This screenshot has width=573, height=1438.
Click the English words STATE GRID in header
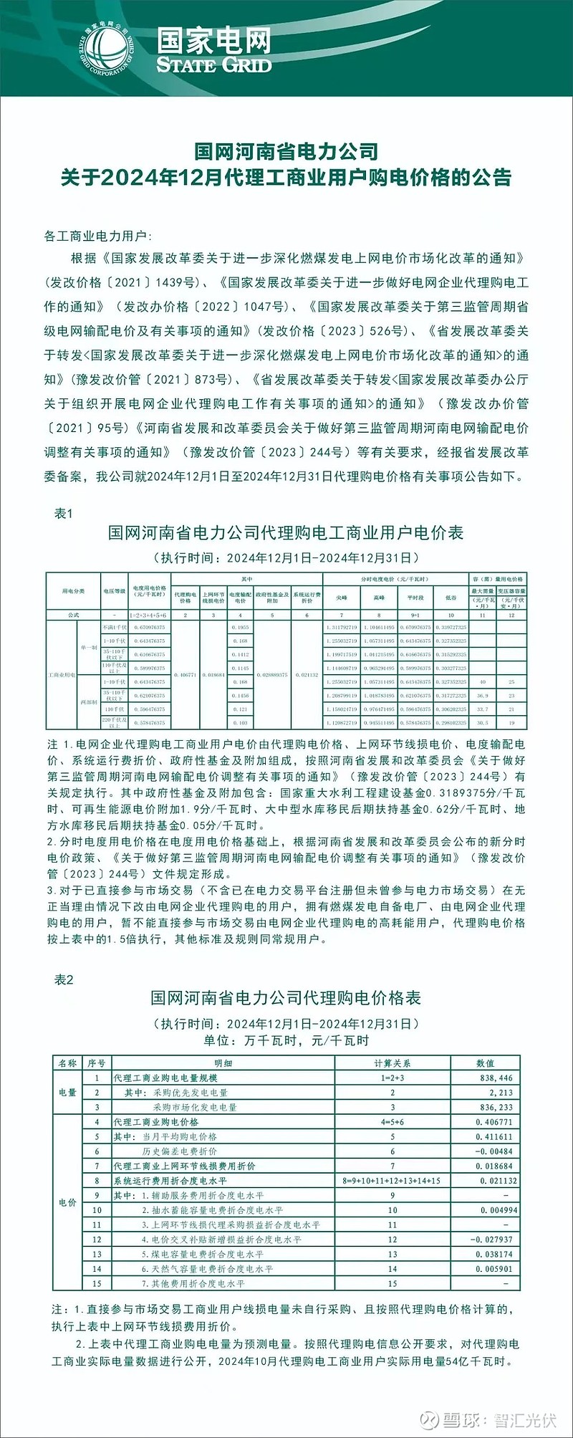214,65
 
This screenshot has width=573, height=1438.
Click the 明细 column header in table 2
223,1063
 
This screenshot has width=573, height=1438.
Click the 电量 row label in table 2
67,1092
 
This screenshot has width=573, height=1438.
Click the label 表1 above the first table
64,514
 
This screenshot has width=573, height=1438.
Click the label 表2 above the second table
64,979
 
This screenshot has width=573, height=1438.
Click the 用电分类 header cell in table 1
73,591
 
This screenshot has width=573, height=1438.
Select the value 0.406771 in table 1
185,674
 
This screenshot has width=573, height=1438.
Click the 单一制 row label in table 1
89,647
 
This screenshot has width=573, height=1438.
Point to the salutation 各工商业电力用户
97,236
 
